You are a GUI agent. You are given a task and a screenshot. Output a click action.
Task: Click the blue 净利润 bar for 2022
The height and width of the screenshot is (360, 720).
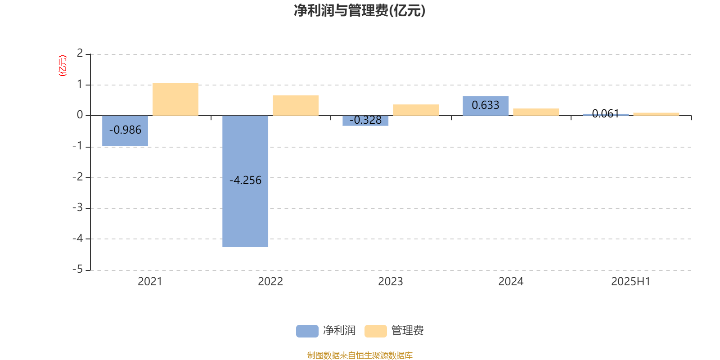245,181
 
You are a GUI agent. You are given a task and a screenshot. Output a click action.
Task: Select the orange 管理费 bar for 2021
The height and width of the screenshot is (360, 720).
175,99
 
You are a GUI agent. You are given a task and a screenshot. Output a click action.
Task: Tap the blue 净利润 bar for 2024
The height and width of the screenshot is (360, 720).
486,106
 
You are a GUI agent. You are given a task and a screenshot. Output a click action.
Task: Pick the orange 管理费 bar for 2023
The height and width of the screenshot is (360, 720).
416,110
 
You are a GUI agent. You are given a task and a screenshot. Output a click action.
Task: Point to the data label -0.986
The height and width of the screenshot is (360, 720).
126,130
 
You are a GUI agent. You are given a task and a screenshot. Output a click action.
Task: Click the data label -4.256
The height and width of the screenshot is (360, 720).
246,180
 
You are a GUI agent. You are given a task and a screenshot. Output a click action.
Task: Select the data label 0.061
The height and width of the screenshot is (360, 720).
606,113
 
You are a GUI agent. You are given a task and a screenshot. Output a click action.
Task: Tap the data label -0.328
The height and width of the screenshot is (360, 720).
365,120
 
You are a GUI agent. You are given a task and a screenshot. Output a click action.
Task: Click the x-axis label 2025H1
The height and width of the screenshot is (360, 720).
630,282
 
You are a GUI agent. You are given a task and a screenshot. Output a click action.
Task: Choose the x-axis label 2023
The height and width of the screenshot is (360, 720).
391,282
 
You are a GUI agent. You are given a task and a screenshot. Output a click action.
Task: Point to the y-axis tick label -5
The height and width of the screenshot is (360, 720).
78,270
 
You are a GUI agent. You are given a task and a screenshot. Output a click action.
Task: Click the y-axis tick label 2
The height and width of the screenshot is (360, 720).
80,53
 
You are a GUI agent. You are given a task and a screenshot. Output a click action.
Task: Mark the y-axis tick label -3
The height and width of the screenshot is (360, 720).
78,207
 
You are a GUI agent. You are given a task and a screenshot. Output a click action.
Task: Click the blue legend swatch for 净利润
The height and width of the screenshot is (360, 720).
307,331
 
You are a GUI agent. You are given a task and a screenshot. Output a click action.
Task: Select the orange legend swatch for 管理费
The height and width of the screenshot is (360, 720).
376,331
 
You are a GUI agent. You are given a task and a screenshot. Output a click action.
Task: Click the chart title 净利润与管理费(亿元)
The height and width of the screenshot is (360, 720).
360,11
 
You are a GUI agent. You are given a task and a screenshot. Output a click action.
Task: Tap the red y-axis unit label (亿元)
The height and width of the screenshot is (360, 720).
63,66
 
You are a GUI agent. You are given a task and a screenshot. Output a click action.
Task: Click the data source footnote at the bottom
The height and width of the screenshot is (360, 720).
360,355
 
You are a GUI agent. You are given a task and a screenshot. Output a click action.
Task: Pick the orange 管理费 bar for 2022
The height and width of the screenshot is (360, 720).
296,105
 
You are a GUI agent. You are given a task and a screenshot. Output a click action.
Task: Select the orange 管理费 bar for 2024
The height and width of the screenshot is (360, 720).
536,112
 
